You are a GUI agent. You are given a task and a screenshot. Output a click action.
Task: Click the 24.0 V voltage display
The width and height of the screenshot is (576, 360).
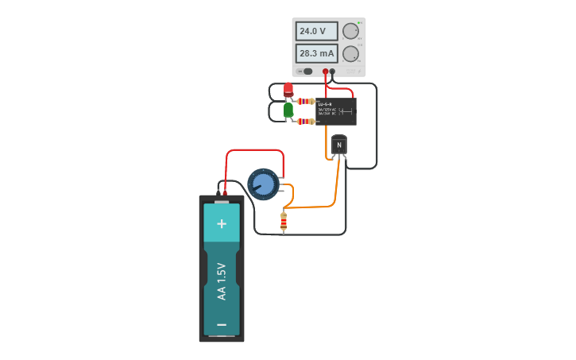point(316,31)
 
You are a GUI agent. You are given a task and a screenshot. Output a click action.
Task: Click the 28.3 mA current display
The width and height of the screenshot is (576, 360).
point(316,53)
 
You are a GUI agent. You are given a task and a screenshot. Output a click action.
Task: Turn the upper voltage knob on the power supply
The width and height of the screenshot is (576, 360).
point(350,31)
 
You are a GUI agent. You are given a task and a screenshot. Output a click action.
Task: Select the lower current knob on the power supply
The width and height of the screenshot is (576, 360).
point(350,53)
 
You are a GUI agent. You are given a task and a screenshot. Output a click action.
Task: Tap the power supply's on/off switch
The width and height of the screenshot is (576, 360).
point(307,72)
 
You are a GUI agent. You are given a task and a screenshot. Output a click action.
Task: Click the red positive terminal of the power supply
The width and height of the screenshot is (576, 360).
point(325,72)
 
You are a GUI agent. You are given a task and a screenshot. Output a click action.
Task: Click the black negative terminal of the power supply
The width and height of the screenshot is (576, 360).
point(332,72)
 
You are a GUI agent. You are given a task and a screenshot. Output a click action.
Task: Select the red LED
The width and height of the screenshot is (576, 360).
point(288,89)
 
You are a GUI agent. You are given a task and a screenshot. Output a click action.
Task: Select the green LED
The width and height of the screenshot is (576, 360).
point(288,110)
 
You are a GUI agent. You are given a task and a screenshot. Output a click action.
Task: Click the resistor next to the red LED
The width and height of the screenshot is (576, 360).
point(306,101)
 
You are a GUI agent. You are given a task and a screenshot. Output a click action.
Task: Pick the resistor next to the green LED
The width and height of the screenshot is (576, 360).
point(306,122)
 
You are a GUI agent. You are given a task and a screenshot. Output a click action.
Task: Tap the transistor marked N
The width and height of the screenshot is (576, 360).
point(339,145)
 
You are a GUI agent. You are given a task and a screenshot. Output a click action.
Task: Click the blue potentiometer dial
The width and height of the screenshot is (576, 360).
point(263,184)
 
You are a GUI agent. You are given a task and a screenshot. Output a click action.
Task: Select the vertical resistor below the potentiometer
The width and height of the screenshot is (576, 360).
point(284,222)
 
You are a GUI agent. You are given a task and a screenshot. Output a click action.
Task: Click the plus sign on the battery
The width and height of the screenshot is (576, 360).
point(222,224)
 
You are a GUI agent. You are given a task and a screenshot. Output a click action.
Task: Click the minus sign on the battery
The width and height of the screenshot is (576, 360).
point(222,324)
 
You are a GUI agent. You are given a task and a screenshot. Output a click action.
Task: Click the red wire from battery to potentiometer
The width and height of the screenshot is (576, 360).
point(254,150)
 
